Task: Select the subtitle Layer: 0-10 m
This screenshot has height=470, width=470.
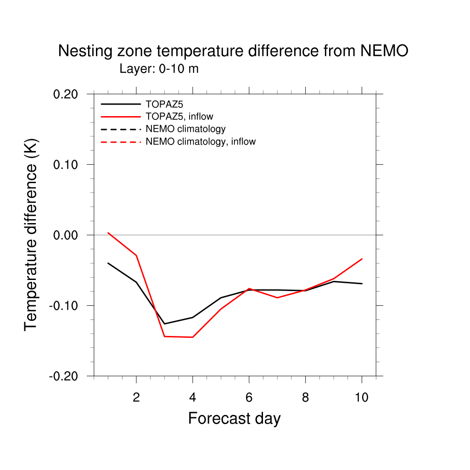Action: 159,69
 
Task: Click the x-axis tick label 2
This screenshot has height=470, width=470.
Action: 136,397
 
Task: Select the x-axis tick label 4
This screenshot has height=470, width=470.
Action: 192,397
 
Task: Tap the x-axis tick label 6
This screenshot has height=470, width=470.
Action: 249,397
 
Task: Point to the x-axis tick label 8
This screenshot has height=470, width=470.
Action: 305,397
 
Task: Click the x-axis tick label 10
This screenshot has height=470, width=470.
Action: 362,397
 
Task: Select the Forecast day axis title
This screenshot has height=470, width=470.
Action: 234,419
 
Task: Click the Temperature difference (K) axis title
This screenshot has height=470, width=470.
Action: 31,235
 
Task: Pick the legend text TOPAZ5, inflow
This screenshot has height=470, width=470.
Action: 179,117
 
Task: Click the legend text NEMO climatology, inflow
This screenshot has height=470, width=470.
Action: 201,142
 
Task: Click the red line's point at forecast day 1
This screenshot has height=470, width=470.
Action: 108,233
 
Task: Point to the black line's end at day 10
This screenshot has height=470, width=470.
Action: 362,284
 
